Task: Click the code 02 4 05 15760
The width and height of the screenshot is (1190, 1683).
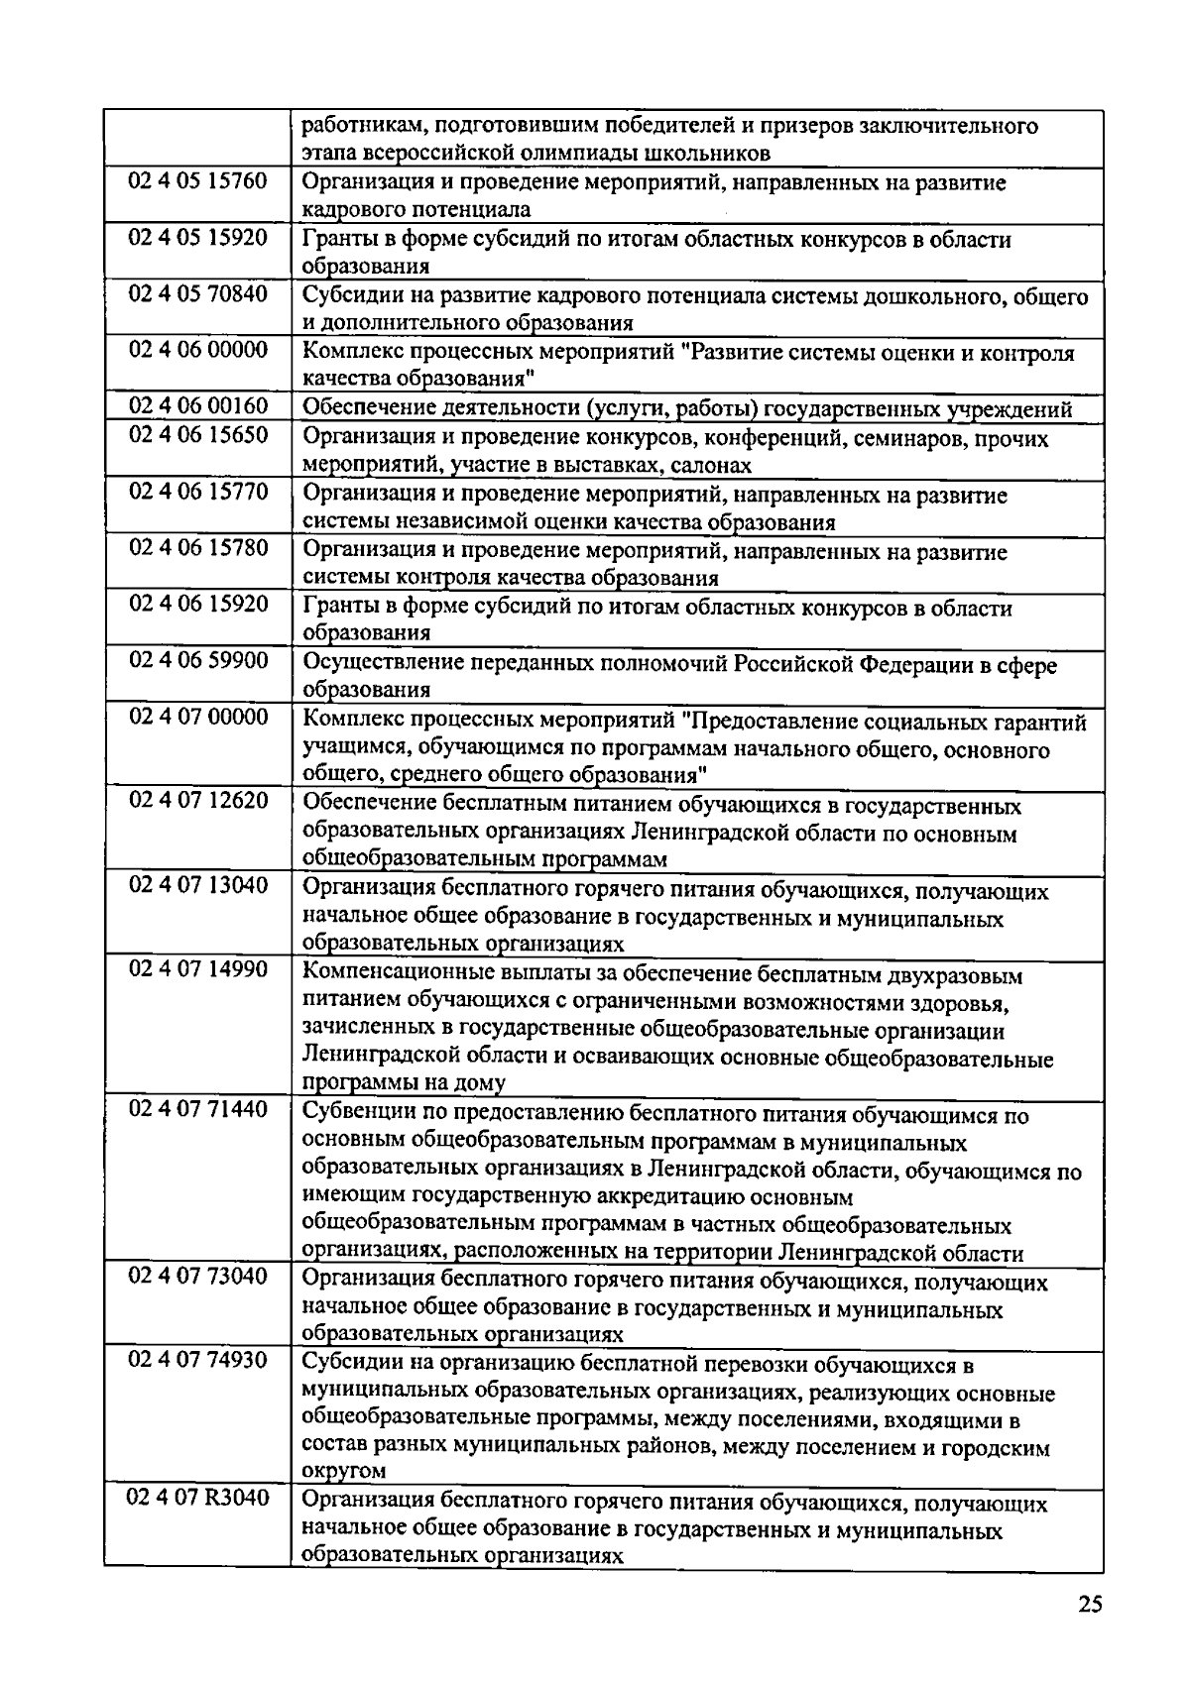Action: pos(198,181)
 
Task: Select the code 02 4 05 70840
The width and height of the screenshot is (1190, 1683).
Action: pos(198,294)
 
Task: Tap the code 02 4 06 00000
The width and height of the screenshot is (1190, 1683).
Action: pos(198,351)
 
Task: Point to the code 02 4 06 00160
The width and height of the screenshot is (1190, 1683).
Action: pos(198,406)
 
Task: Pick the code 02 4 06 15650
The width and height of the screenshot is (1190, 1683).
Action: pos(198,435)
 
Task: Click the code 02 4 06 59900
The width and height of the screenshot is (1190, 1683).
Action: pos(198,661)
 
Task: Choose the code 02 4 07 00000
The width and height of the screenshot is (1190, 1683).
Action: pos(198,718)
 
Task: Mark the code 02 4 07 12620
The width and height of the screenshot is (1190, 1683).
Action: pos(198,802)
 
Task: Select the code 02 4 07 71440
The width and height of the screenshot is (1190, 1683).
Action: pos(198,1110)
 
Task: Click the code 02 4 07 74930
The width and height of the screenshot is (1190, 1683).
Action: pos(198,1362)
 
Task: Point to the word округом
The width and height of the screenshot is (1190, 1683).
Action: pos(343,1472)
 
